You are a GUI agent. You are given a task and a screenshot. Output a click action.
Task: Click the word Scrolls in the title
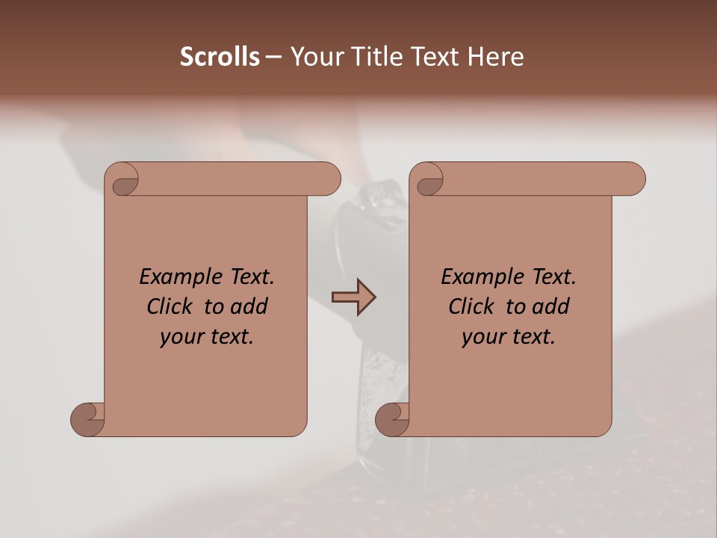220,57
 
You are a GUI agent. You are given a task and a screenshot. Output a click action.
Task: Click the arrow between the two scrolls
353,297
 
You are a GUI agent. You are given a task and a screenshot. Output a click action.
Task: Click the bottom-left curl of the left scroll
87,418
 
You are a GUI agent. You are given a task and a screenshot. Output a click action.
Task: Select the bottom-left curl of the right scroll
392,418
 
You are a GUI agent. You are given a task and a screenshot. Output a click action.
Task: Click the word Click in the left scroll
170,306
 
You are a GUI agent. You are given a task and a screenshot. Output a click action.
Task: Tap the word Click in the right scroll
472,306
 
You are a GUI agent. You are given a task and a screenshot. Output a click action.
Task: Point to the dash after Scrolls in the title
273,58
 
